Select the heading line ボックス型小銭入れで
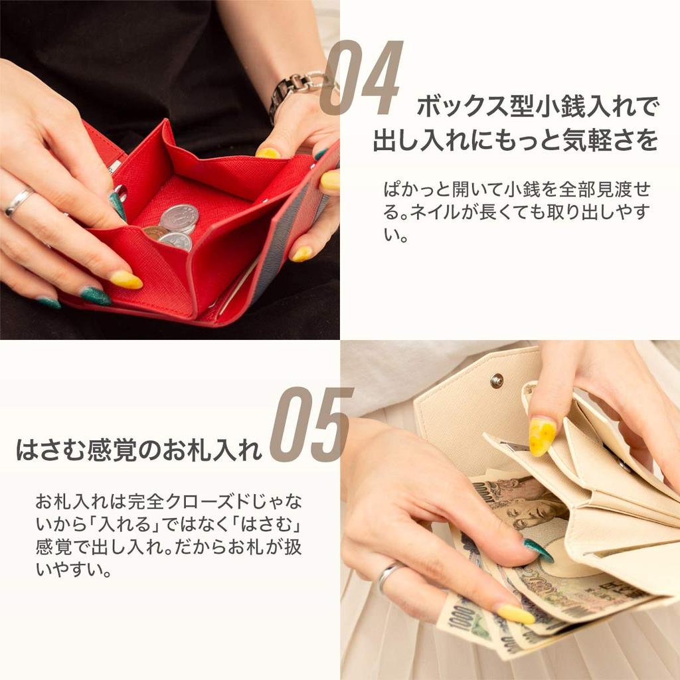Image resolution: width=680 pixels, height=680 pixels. [x=537, y=106]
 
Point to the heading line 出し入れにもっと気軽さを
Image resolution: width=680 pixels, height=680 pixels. [x=515, y=141]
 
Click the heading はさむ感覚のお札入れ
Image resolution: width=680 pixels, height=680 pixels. [x=139, y=450]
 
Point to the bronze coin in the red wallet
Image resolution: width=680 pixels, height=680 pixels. [x=155, y=232]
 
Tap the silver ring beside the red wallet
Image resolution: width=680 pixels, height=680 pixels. [x=18, y=201]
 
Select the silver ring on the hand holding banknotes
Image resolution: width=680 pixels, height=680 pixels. [x=388, y=575]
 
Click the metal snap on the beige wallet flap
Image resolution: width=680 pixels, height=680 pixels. [x=496, y=381]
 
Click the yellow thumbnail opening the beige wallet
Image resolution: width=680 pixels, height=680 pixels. [x=542, y=436]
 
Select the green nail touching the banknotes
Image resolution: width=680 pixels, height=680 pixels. [x=539, y=551]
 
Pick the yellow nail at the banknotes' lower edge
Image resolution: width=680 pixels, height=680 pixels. [x=516, y=614]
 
